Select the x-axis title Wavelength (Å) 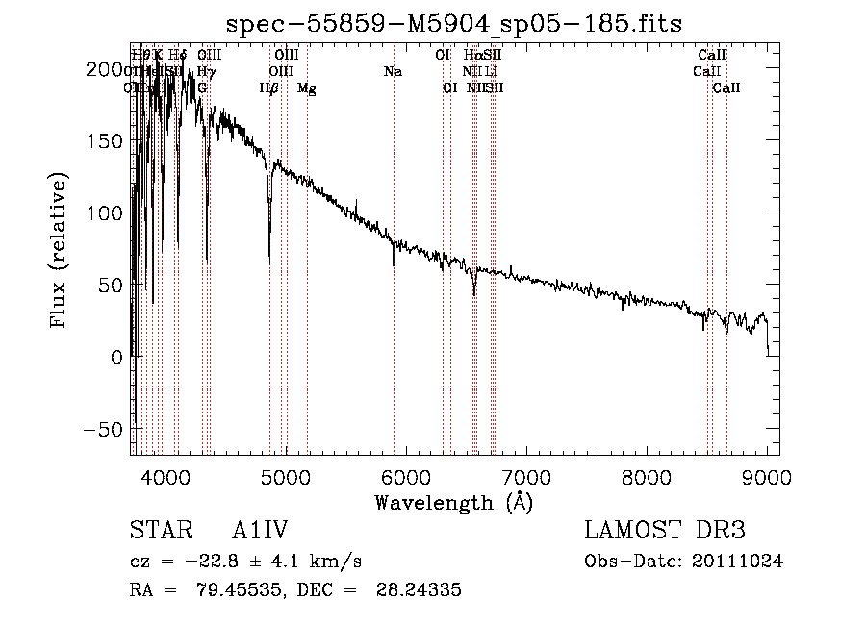(453, 502)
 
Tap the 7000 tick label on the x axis (526, 476)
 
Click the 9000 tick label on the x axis (767, 476)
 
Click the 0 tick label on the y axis (116, 357)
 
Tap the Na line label (393, 72)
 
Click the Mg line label (307, 88)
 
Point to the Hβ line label (269, 88)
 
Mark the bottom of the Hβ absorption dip (269, 262)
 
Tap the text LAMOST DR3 (665, 532)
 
